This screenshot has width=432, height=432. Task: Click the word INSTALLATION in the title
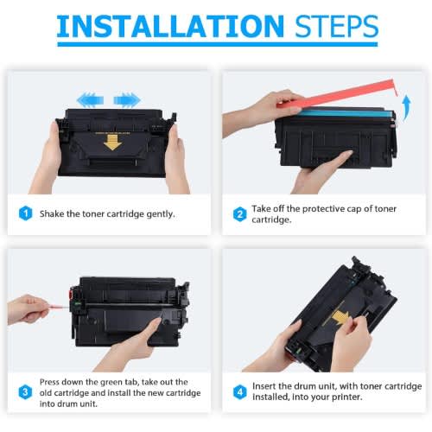(x=170, y=26)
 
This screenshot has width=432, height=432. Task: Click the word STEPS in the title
(x=337, y=26)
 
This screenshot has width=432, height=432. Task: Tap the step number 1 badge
(x=25, y=213)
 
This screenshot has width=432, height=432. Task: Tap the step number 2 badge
(x=239, y=214)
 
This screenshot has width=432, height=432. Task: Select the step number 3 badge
(x=25, y=392)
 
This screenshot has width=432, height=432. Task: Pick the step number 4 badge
(x=239, y=391)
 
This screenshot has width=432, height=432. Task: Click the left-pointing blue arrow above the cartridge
(x=90, y=100)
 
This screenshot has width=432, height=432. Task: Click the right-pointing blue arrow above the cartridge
(x=127, y=100)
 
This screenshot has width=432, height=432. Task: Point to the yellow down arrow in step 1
(x=112, y=143)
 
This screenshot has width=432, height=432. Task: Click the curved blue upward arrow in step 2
(x=406, y=107)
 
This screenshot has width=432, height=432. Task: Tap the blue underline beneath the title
(x=218, y=44)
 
